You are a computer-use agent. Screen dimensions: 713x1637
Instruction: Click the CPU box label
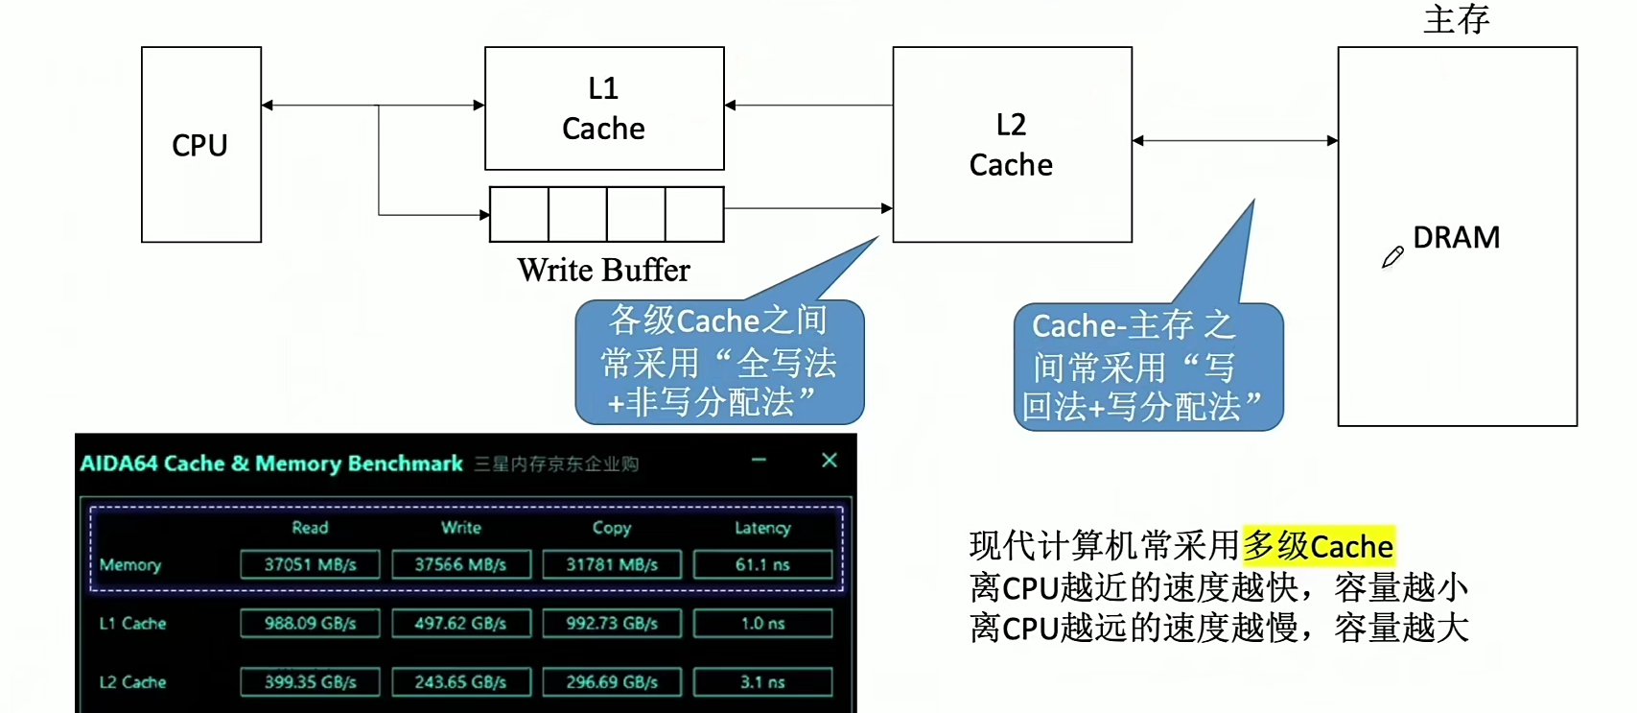199,145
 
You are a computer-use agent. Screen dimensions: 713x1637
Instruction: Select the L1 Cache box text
603,108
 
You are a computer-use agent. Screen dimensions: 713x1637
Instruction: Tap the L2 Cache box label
1011,145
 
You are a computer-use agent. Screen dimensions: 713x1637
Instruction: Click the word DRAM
1456,237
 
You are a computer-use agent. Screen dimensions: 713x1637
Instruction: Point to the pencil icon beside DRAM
1392,257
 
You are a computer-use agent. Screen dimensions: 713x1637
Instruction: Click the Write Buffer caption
603,271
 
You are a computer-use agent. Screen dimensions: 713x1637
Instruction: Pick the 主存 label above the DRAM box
1456,19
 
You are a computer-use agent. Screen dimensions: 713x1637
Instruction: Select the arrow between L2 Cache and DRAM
1234,140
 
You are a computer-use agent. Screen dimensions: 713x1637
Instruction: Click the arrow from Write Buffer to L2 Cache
807,207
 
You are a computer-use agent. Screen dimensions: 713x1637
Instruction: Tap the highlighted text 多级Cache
1318,546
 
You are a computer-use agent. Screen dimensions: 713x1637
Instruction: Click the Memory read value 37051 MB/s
310,564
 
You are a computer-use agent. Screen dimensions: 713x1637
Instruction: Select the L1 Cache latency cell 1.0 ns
762,624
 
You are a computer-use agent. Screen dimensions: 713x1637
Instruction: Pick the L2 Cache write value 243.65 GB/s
460,682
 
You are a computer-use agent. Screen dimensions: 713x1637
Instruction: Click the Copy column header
611,528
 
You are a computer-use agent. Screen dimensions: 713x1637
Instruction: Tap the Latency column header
762,528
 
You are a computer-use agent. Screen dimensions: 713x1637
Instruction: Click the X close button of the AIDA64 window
830,461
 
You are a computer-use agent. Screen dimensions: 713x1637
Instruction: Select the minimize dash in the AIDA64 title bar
759,461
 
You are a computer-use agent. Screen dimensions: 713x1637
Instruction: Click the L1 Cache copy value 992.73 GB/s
611,624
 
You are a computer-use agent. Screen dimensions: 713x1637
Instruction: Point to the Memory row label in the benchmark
130,565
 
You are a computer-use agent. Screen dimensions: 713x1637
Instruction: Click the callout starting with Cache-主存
1147,368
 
